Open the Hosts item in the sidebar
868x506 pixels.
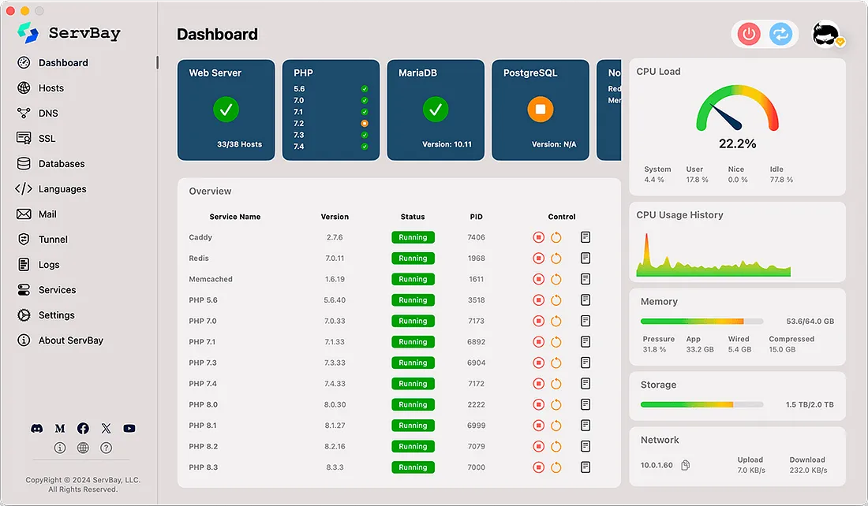click(51, 88)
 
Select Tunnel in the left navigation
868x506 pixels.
click(53, 240)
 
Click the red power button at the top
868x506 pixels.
click(749, 34)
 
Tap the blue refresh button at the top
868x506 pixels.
click(780, 34)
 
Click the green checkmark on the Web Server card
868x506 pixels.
click(226, 110)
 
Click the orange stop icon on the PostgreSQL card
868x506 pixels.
click(541, 110)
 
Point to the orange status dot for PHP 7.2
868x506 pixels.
click(365, 124)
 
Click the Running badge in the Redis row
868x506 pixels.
click(413, 259)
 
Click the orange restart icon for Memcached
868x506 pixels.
click(556, 279)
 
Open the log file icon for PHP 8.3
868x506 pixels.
click(586, 467)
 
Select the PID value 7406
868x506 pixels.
click(476, 237)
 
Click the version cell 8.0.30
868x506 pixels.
click(335, 405)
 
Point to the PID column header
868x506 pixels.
click(476, 217)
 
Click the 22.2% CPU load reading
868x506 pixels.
click(737, 143)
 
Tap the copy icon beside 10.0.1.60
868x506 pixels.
click(686, 465)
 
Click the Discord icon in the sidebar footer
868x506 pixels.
click(37, 429)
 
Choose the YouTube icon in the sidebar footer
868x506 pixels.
click(129, 429)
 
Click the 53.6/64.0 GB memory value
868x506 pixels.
click(810, 322)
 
